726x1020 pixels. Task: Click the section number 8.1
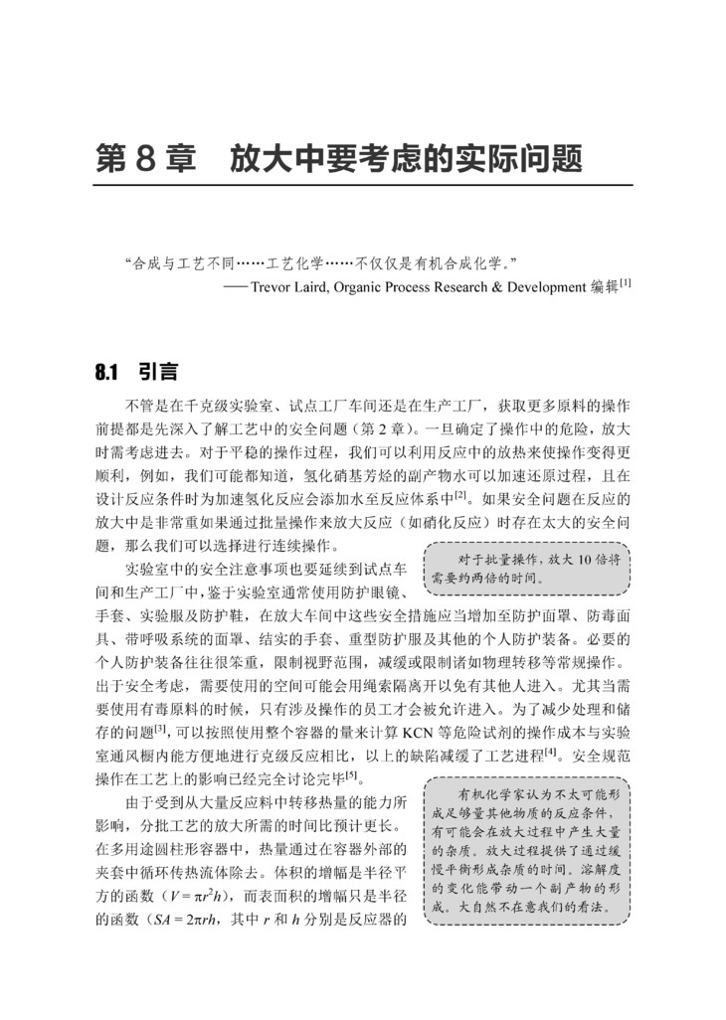tap(107, 373)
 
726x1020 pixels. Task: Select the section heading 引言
tap(158, 373)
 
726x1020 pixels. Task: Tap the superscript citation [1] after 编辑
tap(626, 283)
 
